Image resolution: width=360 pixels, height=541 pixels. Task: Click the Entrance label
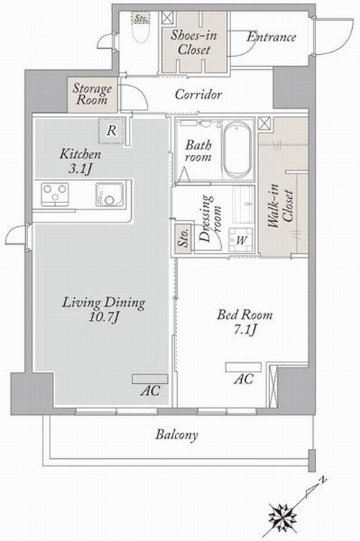pyautogui.click(x=271, y=37)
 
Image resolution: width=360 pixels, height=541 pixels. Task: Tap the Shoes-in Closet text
pyautogui.click(x=194, y=42)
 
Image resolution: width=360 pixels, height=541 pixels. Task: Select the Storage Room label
pyautogui.click(x=91, y=94)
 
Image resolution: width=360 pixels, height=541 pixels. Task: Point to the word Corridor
pyautogui.click(x=198, y=94)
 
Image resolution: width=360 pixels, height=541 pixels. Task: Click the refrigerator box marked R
pyautogui.click(x=112, y=131)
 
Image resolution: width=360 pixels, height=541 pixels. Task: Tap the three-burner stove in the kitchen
pyautogui.click(x=55, y=195)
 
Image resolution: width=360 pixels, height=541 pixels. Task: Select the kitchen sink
pyautogui.click(x=109, y=195)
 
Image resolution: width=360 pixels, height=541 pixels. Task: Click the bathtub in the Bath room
pyautogui.click(x=237, y=149)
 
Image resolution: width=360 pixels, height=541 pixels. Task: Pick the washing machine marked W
pyautogui.click(x=241, y=240)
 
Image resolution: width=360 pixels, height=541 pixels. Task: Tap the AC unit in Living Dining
pyautogui.click(x=150, y=379)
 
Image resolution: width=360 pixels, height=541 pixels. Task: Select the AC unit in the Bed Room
pyautogui.click(x=243, y=367)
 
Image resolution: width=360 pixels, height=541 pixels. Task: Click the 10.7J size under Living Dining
pyautogui.click(x=104, y=317)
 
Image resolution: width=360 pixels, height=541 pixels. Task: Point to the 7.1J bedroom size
pyautogui.click(x=245, y=329)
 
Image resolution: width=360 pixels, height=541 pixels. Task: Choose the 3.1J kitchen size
pyautogui.click(x=81, y=169)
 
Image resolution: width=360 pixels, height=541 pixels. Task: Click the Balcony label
pyautogui.click(x=177, y=434)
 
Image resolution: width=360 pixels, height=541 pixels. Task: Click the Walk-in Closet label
pyautogui.click(x=281, y=206)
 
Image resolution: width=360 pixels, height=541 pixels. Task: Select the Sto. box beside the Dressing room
pyautogui.click(x=183, y=238)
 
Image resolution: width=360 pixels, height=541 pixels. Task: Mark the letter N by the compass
pyautogui.click(x=323, y=480)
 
